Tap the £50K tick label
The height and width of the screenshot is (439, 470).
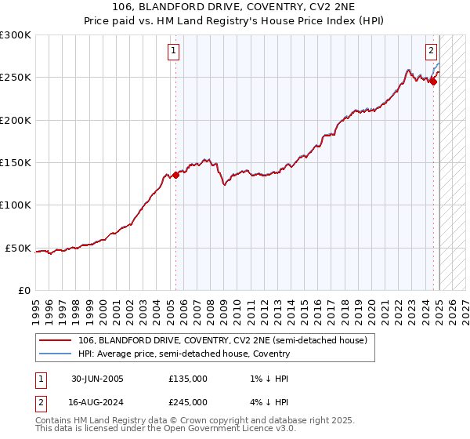[x=18, y=248]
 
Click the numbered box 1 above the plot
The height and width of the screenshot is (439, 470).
[x=172, y=52]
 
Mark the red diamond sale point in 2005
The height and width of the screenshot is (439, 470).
[x=175, y=175]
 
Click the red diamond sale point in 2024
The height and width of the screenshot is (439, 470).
[x=433, y=82]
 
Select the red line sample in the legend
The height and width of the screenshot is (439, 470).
[x=55, y=341]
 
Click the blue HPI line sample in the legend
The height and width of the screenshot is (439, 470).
[x=55, y=354]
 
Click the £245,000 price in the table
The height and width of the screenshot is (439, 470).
[x=188, y=401]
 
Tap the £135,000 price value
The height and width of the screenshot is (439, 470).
[x=188, y=379]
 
